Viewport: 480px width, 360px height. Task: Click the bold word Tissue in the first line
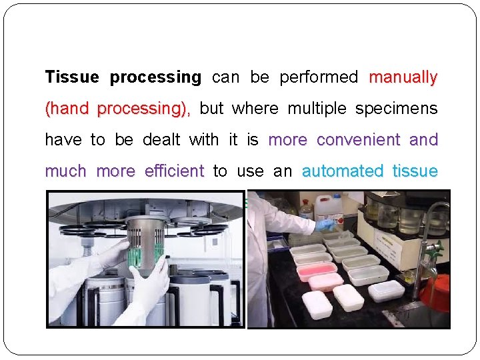pos(71,77)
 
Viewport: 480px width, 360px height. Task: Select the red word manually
pos(403,77)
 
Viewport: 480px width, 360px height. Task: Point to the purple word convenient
pos(359,140)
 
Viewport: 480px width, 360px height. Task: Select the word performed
pos(319,77)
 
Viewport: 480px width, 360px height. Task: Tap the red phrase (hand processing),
pos(118,109)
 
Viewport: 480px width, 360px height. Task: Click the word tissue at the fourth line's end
pos(415,171)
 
